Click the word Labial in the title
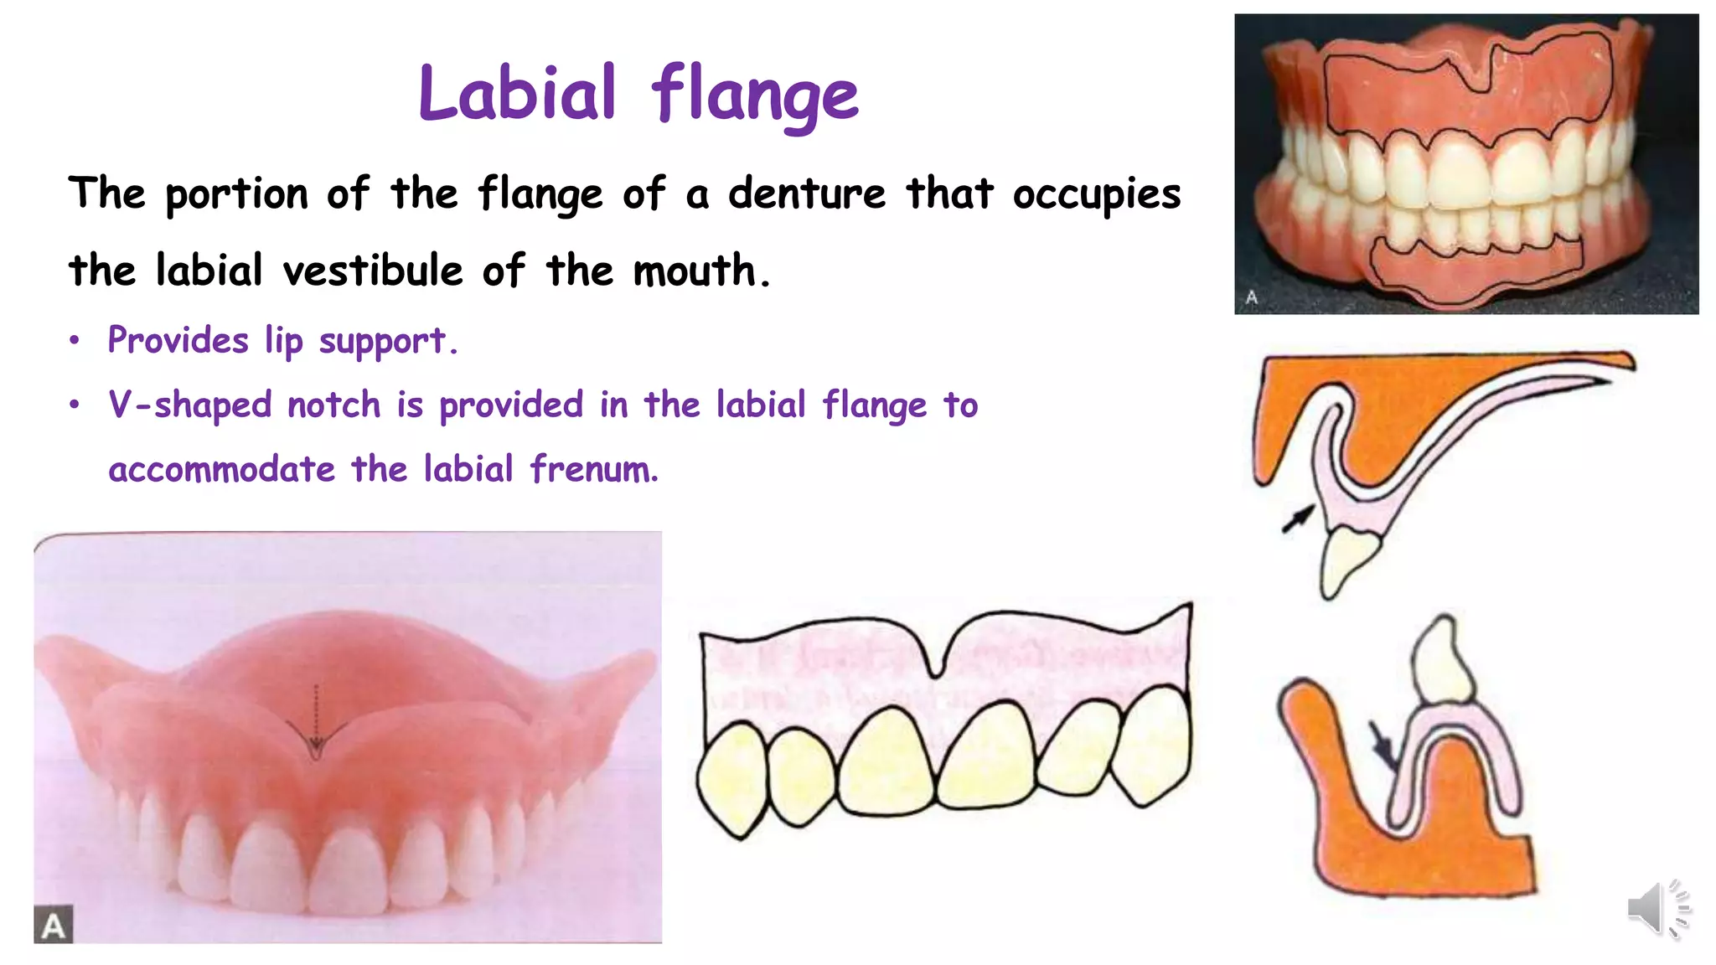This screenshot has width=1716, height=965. [x=517, y=92]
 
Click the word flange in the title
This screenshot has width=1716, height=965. [x=755, y=95]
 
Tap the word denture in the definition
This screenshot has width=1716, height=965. [x=806, y=194]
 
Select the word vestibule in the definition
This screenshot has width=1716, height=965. [x=373, y=271]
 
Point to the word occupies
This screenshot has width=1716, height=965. [x=1096, y=195]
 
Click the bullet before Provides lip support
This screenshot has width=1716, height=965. [x=75, y=341]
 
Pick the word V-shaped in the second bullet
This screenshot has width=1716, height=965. [x=189, y=405]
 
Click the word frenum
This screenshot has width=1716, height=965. [x=593, y=469]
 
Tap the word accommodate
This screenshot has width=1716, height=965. [x=222, y=469]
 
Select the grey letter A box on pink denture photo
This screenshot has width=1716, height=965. [x=53, y=925]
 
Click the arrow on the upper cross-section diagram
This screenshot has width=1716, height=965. [x=1298, y=519]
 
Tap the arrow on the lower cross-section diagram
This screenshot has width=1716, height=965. [x=1381, y=745]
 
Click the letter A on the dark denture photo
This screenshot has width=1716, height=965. [x=1252, y=297]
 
